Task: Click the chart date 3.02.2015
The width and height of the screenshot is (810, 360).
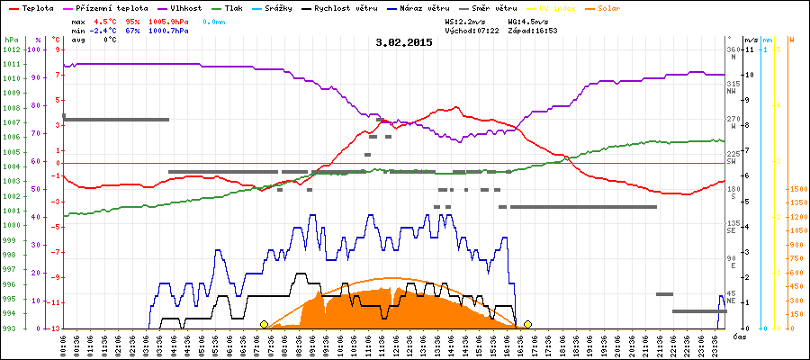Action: pyautogui.click(x=403, y=41)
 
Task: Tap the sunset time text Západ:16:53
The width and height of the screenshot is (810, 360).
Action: pyautogui.click(x=530, y=30)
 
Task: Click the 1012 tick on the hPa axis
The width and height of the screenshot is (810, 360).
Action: pyautogui.click(x=11, y=49)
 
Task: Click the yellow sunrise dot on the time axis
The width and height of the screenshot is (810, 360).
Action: pyautogui.click(x=264, y=324)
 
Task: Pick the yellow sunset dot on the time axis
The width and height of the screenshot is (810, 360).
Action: pyautogui.click(x=527, y=324)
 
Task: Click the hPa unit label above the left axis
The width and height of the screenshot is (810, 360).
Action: pyautogui.click(x=10, y=40)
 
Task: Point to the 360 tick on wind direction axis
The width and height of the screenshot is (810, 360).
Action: pyautogui.click(x=732, y=49)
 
